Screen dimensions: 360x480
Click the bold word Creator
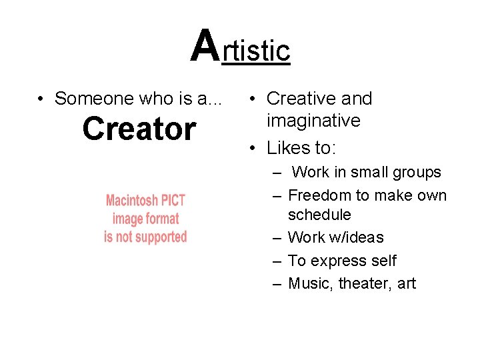(139, 129)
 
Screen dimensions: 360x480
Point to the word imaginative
(313, 121)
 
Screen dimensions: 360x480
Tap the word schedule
(319, 215)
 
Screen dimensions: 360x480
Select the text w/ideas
(357, 237)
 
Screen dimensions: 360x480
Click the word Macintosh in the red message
(132, 201)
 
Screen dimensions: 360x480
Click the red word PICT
(173, 201)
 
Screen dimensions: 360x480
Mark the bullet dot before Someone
(41, 99)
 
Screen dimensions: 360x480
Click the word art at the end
(406, 283)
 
